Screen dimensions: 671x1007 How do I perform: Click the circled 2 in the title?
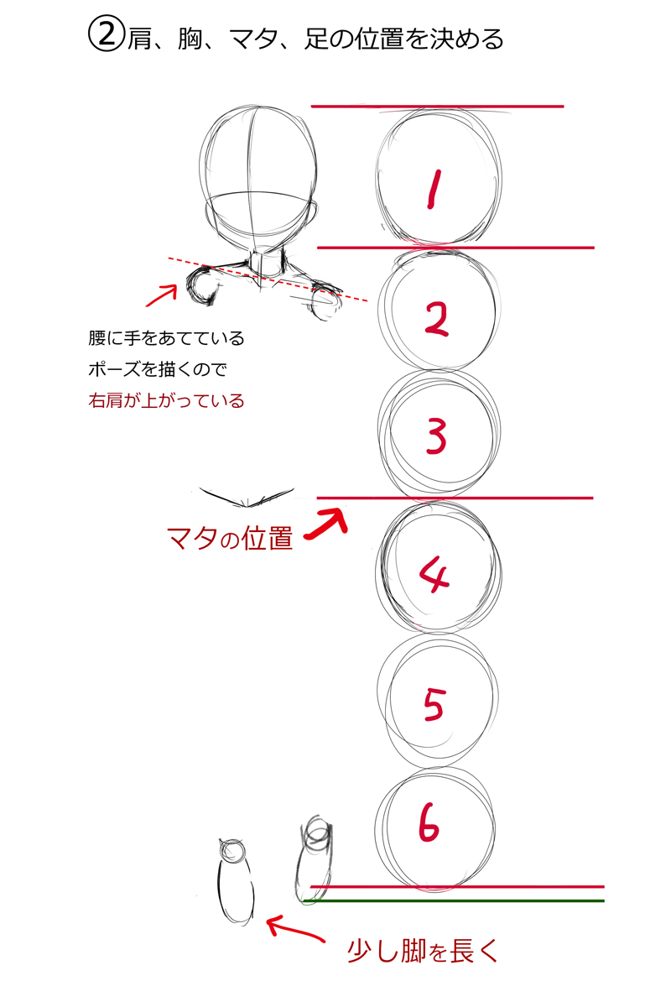(106, 34)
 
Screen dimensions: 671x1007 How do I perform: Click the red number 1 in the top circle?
(434, 189)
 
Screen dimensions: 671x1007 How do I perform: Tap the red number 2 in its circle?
(436, 319)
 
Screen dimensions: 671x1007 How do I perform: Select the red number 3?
(436, 436)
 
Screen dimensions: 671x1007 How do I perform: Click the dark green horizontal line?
(454, 901)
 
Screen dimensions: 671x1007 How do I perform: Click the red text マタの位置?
(230, 538)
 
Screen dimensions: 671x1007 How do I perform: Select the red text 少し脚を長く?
(423, 952)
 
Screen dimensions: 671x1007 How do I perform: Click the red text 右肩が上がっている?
(166, 400)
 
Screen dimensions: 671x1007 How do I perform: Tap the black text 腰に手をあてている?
(166, 338)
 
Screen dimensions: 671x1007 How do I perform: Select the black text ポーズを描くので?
(158, 369)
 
